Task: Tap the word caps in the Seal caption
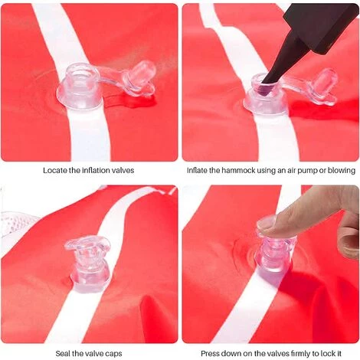point(113,354)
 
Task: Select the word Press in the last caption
point(210,354)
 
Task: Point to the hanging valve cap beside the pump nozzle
point(322,87)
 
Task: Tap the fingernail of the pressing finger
point(267,223)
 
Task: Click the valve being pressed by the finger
point(274,258)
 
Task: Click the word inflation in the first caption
point(97,170)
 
